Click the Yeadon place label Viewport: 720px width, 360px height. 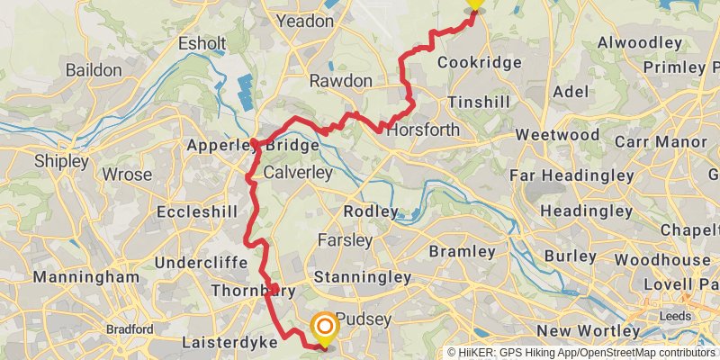(x=304, y=21)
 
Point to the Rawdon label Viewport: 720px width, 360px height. (x=340, y=81)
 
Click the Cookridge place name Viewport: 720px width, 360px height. (x=479, y=63)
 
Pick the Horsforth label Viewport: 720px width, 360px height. (x=423, y=130)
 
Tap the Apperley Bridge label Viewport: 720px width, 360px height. (x=253, y=145)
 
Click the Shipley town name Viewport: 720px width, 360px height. (x=62, y=162)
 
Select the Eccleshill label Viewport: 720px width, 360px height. (x=196, y=211)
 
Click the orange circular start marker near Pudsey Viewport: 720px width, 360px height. (x=324, y=328)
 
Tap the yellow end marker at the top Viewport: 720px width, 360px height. (x=473, y=4)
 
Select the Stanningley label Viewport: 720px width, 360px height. (x=363, y=277)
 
